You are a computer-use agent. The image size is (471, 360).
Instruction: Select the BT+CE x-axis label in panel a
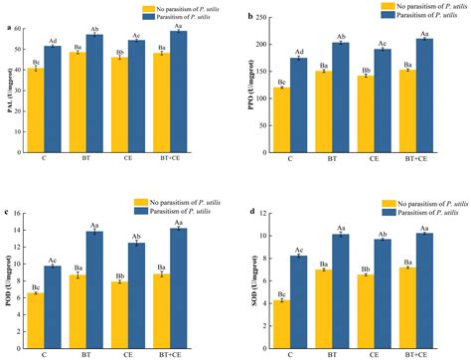click(169, 157)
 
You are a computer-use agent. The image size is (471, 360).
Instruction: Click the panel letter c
click(10, 213)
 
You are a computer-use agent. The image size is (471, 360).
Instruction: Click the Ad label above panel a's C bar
click(52, 40)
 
